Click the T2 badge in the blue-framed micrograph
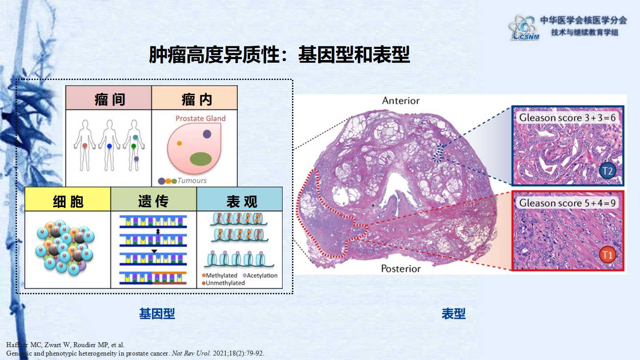(x=607, y=171)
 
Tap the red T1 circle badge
(x=607, y=255)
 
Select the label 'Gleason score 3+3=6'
(x=567, y=118)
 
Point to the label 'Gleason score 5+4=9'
(x=567, y=203)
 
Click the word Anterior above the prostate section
(x=401, y=100)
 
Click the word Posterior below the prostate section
(x=401, y=268)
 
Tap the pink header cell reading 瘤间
(x=108, y=97)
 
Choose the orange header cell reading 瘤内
(x=195, y=97)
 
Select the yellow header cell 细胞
(x=68, y=199)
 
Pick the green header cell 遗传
(x=154, y=199)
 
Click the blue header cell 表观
(x=240, y=199)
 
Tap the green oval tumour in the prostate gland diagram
(x=200, y=159)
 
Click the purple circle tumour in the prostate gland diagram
(x=207, y=134)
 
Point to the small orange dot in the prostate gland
(x=180, y=143)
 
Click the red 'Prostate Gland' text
(x=200, y=118)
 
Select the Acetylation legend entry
(x=260, y=276)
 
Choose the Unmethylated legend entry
(x=223, y=283)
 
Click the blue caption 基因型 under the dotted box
(x=157, y=313)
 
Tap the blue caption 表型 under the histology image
(x=453, y=313)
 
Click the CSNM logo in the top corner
(x=524, y=28)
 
